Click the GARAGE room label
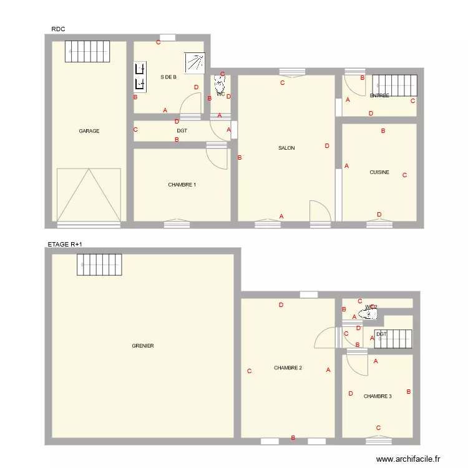click(x=89, y=131)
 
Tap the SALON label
click(x=286, y=148)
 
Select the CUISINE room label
click(x=379, y=172)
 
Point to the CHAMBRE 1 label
click(x=182, y=185)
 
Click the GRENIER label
click(x=143, y=346)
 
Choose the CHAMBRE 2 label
click(x=288, y=368)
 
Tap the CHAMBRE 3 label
click(x=378, y=396)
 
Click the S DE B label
click(x=168, y=77)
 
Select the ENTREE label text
click(x=379, y=95)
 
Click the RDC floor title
click(x=58, y=29)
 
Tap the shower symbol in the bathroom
click(x=194, y=63)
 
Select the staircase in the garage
click(x=87, y=51)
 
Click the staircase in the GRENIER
click(x=100, y=265)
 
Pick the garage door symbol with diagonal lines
click(x=89, y=195)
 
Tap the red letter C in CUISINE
click(x=404, y=175)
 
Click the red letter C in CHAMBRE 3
click(x=378, y=427)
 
